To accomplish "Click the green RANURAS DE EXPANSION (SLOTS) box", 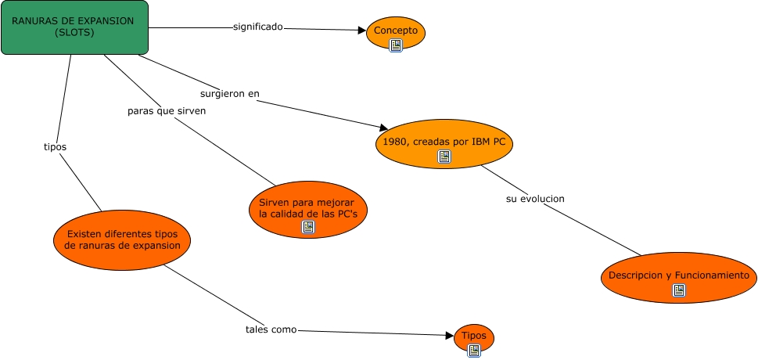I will [74, 27].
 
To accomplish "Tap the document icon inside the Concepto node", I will [396, 45].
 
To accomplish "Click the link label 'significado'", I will [258, 27].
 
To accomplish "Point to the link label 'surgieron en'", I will [229, 94].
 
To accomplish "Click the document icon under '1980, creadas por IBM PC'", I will [444, 157].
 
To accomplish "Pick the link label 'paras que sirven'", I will [167, 111].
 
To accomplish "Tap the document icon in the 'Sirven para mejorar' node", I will [308, 227].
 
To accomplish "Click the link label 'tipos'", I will [55, 146].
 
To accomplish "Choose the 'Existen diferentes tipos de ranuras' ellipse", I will [123, 239].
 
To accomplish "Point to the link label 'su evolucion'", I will [535, 199].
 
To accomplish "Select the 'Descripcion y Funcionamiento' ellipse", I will [678, 275].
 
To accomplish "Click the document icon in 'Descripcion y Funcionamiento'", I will [679, 290].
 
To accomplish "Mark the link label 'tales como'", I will [271, 329].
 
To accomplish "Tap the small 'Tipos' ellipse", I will [474, 336].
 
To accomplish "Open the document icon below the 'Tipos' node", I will [474, 351].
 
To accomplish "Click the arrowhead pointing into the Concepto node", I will [362, 31].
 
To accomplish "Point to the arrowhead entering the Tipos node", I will [450, 336].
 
